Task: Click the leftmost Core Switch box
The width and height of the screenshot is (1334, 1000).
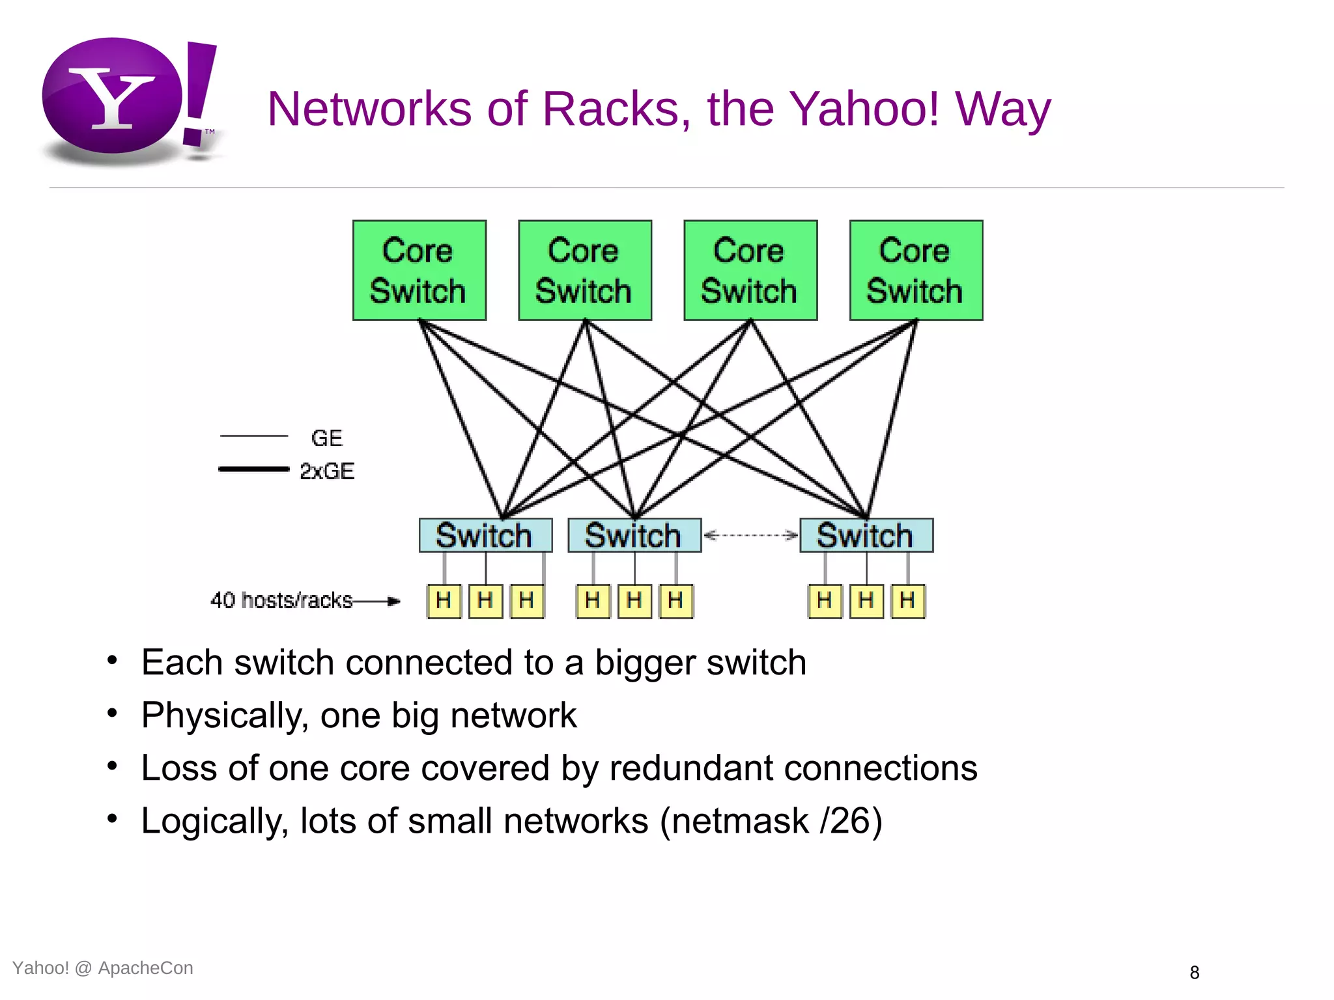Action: pyautogui.click(x=419, y=270)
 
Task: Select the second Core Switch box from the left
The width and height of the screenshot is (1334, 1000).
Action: pyautogui.click(x=585, y=270)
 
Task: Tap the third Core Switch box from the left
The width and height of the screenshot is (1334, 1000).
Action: pyautogui.click(x=750, y=270)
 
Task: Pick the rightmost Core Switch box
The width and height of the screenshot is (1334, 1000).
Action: pyautogui.click(x=916, y=270)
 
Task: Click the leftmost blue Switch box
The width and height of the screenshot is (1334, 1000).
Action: pyautogui.click(x=485, y=535)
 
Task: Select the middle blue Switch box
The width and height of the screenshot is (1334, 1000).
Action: pyautogui.click(x=634, y=535)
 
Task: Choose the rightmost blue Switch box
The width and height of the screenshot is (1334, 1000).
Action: pyautogui.click(x=866, y=535)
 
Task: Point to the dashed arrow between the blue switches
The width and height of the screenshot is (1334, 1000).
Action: pyautogui.click(x=750, y=535)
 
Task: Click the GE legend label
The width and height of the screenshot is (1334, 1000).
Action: pyautogui.click(x=327, y=438)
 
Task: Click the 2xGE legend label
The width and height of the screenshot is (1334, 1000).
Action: pyautogui.click(x=327, y=471)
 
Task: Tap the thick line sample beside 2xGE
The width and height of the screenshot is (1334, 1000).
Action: pyautogui.click(x=253, y=469)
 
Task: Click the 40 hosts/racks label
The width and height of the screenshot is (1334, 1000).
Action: pyautogui.click(x=281, y=600)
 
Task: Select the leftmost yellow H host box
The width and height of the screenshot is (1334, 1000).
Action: pyautogui.click(x=444, y=600)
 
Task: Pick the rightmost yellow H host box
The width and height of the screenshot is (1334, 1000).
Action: pyautogui.click(x=908, y=600)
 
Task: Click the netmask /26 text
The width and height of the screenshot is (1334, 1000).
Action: pyautogui.click(x=772, y=821)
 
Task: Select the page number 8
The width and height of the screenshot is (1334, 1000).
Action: pyautogui.click(x=1194, y=973)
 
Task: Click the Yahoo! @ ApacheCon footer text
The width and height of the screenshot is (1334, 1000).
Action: pyautogui.click(x=103, y=968)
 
